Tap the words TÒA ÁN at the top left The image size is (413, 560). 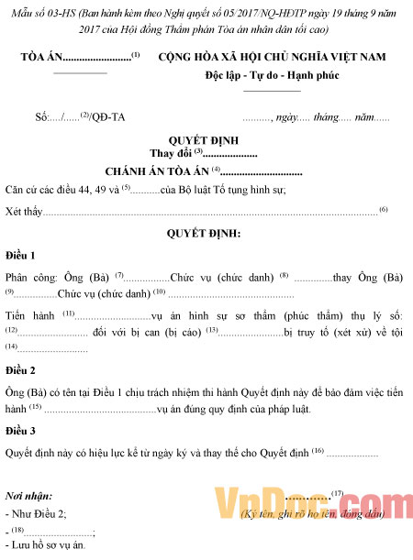pyautogui.click(x=41, y=58)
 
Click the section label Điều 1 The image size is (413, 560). pyautogui.click(x=20, y=255)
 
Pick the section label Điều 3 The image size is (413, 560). pyautogui.click(x=20, y=430)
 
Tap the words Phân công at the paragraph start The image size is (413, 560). pyautogui.click(x=28, y=277)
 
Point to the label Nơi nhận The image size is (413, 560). pyautogui.click(x=28, y=495)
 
